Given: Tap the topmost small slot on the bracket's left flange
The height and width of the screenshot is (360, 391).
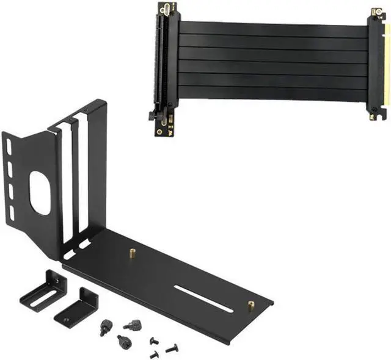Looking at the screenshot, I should click(9, 146).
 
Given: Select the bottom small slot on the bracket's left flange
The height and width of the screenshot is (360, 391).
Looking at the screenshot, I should click(12, 212).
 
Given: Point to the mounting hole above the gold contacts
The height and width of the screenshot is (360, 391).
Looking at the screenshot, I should click(374, 11).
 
